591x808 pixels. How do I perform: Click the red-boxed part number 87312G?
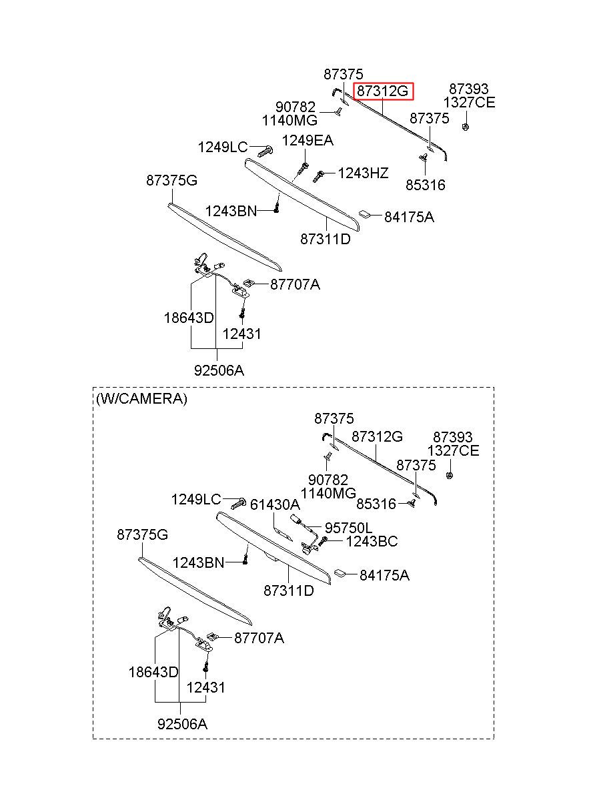pyautogui.click(x=383, y=91)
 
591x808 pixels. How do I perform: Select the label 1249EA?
pyautogui.click(x=308, y=140)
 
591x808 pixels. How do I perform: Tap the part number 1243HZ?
pyautogui.click(x=363, y=173)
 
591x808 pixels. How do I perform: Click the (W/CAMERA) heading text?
pyautogui.click(x=141, y=398)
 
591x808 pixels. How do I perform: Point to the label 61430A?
pyautogui.click(x=275, y=504)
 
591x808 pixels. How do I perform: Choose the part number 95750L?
pyautogui.click(x=348, y=528)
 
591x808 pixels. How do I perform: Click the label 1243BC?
pyautogui.click(x=372, y=541)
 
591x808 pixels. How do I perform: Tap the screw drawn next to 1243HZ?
pyautogui.click(x=318, y=175)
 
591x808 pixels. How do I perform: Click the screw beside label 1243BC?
pyautogui.click(x=323, y=540)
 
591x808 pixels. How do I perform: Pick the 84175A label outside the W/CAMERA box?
pyautogui.click(x=409, y=217)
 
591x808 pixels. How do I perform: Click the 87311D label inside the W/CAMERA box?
pyautogui.click(x=289, y=590)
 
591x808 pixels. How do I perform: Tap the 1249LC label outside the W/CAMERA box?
pyautogui.click(x=223, y=147)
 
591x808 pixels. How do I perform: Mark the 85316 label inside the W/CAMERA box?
pyautogui.click(x=376, y=504)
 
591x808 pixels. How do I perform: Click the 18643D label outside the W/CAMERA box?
pyautogui.click(x=189, y=318)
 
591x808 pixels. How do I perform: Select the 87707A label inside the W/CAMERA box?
pyautogui.click(x=259, y=638)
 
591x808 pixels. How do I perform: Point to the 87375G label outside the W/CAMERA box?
pyautogui.click(x=171, y=180)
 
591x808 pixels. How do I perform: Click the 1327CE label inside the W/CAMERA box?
pyautogui.click(x=454, y=450)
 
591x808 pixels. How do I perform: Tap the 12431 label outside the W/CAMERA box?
pyautogui.click(x=241, y=334)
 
